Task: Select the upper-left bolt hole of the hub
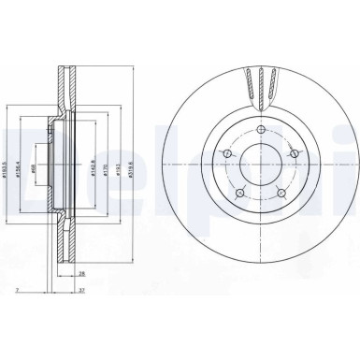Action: [224, 151]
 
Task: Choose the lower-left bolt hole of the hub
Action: [237, 192]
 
